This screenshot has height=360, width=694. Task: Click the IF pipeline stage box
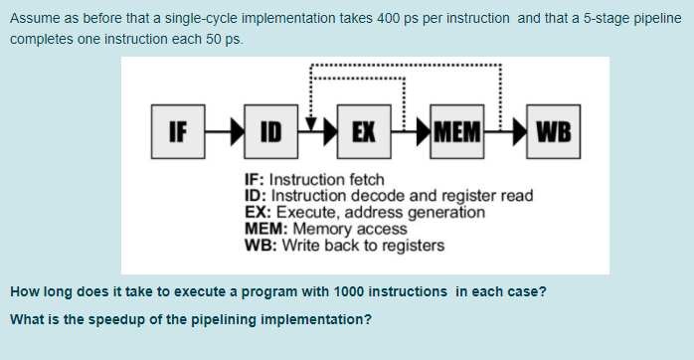[x=178, y=130]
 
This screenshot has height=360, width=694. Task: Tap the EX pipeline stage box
[x=364, y=130]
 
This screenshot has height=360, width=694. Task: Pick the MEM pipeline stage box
[x=457, y=130]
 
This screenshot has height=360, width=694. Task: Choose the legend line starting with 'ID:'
[x=389, y=196]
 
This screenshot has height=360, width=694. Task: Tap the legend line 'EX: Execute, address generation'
[x=365, y=212]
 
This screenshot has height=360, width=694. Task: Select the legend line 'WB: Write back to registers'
[x=344, y=245]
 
